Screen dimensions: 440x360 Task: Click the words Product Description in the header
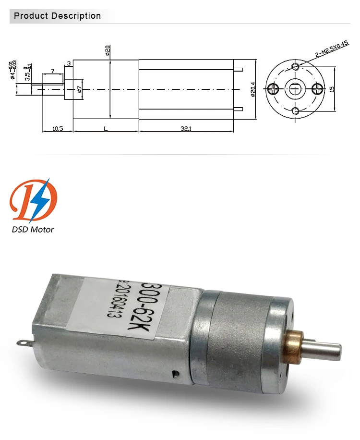[x=58, y=16]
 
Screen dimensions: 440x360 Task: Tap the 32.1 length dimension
[x=186, y=128]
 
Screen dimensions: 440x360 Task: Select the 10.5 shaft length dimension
[x=58, y=128]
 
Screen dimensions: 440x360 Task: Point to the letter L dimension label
[x=106, y=128]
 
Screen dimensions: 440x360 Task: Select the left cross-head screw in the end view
[x=273, y=88]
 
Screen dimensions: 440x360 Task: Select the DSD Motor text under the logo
[x=33, y=229]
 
